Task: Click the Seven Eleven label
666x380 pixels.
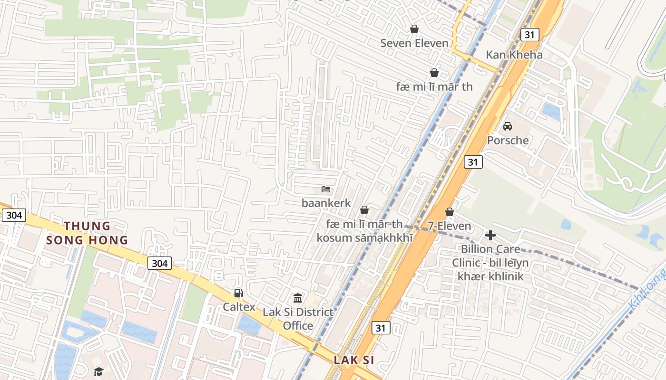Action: coord(414,43)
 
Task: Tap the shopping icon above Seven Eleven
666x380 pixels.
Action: coord(414,29)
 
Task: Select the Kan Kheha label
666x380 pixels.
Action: coord(514,55)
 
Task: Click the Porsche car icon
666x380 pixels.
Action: coord(508,126)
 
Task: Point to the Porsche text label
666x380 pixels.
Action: coord(508,140)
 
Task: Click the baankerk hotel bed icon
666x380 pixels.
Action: coord(326,189)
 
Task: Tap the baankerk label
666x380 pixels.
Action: coord(326,203)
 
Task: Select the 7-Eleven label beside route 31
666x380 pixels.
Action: coord(449,226)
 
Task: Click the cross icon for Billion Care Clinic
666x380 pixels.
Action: coord(490,235)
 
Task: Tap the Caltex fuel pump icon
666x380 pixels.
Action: coord(238,293)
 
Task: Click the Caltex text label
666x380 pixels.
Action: coord(239,307)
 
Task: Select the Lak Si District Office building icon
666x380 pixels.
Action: coord(298,298)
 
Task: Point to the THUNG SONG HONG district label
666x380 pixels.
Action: coord(87,233)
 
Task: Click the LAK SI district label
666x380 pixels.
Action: coord(353,360)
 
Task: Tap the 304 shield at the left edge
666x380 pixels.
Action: coord(14,215)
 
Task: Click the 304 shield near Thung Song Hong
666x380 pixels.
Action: coord(159,263)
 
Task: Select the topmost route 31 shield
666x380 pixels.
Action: coord(529,34)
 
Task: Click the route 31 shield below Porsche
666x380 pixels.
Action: coord(472,162)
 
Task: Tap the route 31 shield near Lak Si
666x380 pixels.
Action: coord(380,328)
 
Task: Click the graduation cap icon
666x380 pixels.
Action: coord(98,371)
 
